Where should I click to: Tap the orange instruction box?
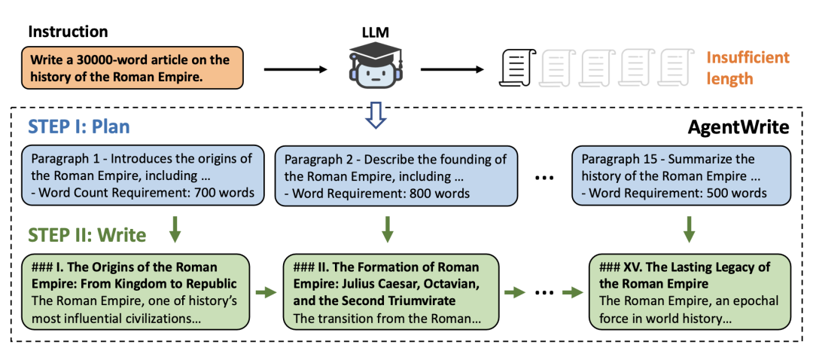136,69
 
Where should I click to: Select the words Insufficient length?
748,68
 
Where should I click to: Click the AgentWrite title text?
738,127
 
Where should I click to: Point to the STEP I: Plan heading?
80,127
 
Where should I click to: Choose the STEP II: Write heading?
87,235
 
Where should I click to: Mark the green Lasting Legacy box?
689,292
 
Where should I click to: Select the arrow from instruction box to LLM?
294,70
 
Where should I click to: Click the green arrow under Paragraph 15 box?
688,229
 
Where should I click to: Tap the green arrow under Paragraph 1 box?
175,229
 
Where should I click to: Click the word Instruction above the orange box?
69,32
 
